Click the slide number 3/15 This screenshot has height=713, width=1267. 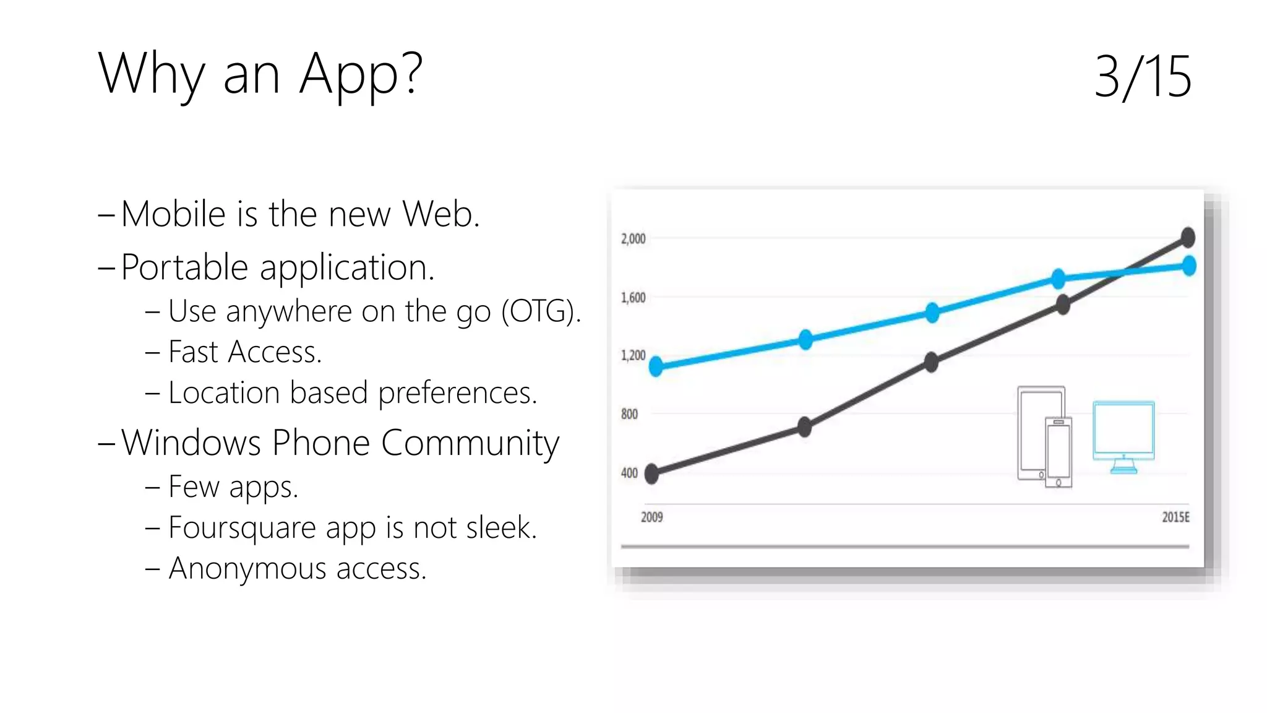point(1142,77)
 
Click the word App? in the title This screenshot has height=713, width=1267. point(361,75)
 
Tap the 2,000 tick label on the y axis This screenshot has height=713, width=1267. point(633,239)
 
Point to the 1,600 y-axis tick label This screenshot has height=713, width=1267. point(633,298)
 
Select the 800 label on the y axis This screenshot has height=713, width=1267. point(629,414)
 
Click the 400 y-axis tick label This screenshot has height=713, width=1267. point(629,473)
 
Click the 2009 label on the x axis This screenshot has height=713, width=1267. point(651,517)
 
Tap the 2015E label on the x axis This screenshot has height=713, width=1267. point(1175,517)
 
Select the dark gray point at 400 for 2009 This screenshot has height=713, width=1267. point(652,474)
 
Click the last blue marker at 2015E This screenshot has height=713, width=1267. point(1188,266)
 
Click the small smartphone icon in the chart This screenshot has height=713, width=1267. point(1058,453)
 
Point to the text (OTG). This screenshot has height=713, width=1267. point(541,311)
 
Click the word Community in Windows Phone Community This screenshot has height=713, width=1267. point(470,443)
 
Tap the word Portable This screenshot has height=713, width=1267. point(184,267)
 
